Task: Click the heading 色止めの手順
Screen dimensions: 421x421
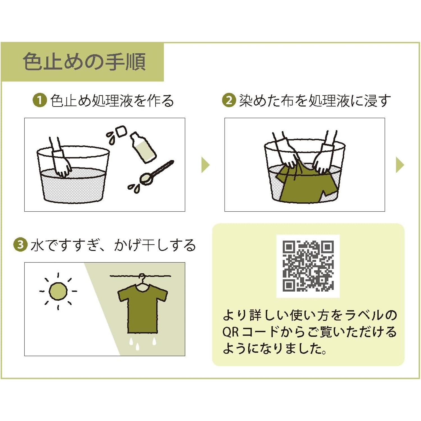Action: tap(84, 61)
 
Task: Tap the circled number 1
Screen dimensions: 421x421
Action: tap(40, 100)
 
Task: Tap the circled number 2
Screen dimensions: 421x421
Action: tap(229, 100)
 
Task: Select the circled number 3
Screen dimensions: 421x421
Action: tap(20, 245)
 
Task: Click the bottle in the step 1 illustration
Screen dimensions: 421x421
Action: tap(143, 147)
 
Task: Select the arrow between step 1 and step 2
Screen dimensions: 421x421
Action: tap(205, 165)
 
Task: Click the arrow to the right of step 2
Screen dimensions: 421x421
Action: tap(400, 165)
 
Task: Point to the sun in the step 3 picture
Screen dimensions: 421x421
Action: tap(58, 291)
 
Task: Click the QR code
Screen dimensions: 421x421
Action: tap(308, 266)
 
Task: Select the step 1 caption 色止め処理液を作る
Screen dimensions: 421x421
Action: tap(112, 100)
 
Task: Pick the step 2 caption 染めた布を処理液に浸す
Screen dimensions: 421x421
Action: tap(315, 100)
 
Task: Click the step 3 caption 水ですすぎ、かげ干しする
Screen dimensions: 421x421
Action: tap(113, 245)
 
